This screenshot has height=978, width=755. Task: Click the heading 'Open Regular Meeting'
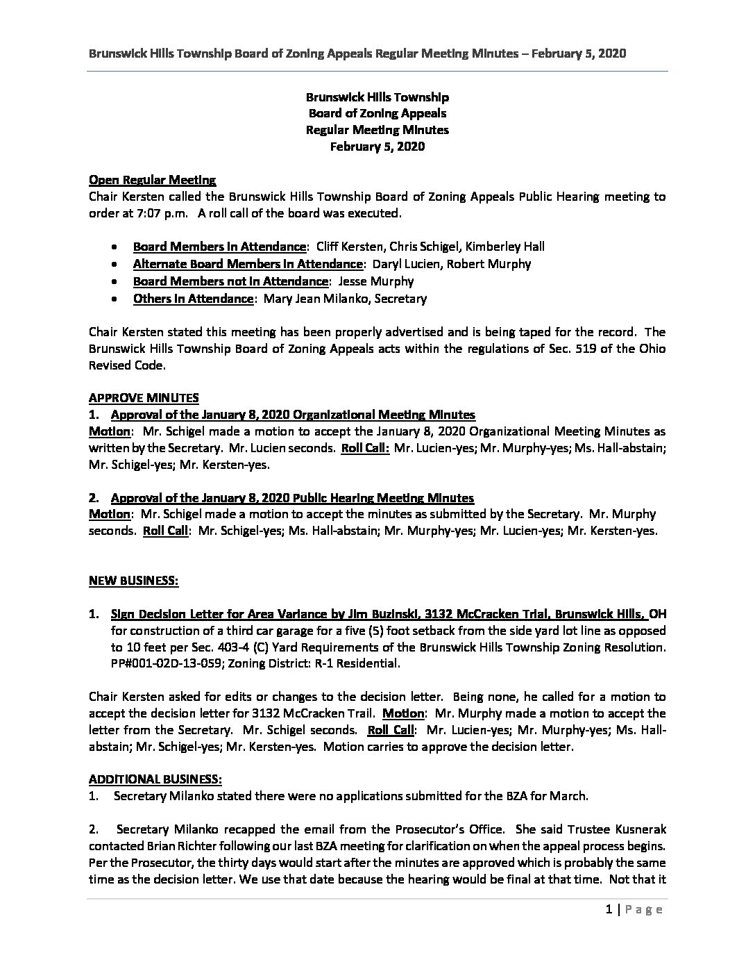tap(152, 180)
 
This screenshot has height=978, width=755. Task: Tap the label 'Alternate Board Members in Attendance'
tap(247, 264)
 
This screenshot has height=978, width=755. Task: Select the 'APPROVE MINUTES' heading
tap(144, 398)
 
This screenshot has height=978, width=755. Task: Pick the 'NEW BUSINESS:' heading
tap(133, 581)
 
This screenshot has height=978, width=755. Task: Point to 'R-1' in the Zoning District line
tap(320, 664)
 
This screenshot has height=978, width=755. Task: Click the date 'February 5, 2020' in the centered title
tap(377, 147)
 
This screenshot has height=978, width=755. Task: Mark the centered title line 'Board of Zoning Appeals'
tap(377, 113)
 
